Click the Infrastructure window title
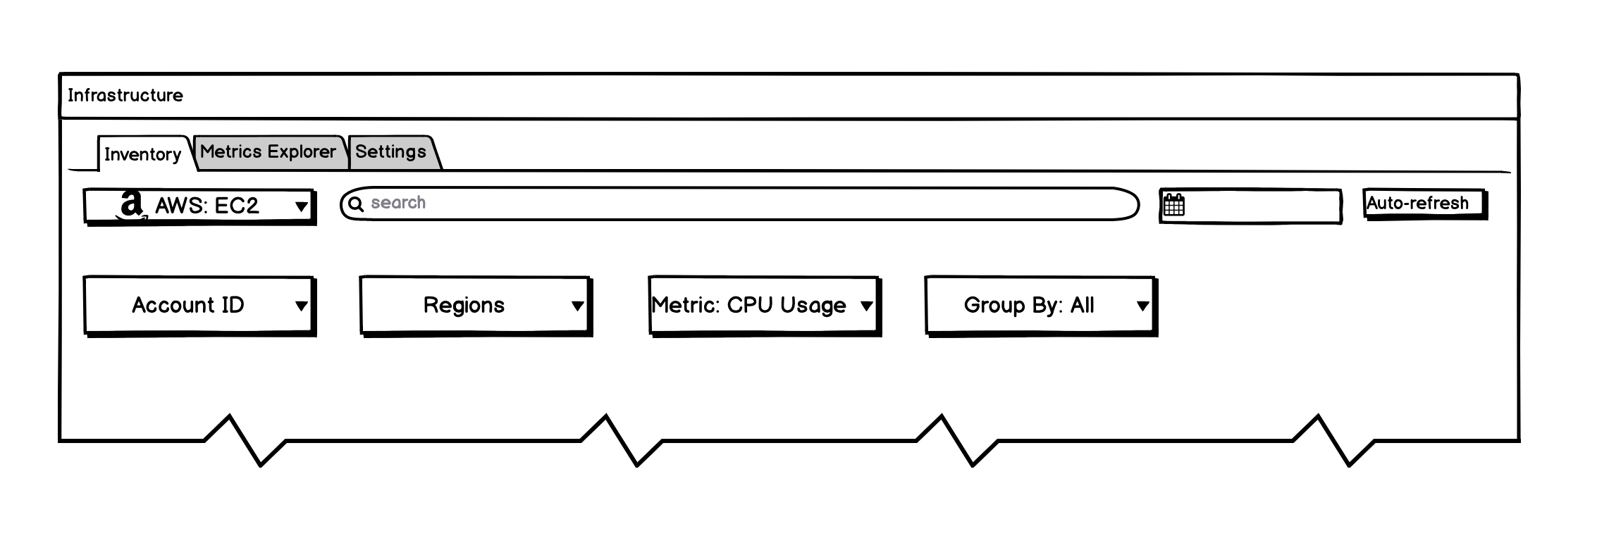click(125, 96)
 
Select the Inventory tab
click(143, 154)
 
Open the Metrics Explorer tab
click(268, 151)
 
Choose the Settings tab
click(390, 151)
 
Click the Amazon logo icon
click(131, 206)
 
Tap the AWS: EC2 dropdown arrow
click(301, 206)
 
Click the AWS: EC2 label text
click(207, 206)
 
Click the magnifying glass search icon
click(357, 204)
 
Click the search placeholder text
click(398, 203)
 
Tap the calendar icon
click(1174, 206)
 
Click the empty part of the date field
click(1262, 206)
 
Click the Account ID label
click(188, 305)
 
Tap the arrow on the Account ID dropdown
click(301, 306)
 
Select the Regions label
click(464, 305)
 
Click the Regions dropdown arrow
click(577, 306)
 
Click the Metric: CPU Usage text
click(748, 305)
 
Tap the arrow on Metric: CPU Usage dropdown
click(867, 306)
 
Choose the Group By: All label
click(1029, 305)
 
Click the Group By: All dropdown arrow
click(1142, 306)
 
